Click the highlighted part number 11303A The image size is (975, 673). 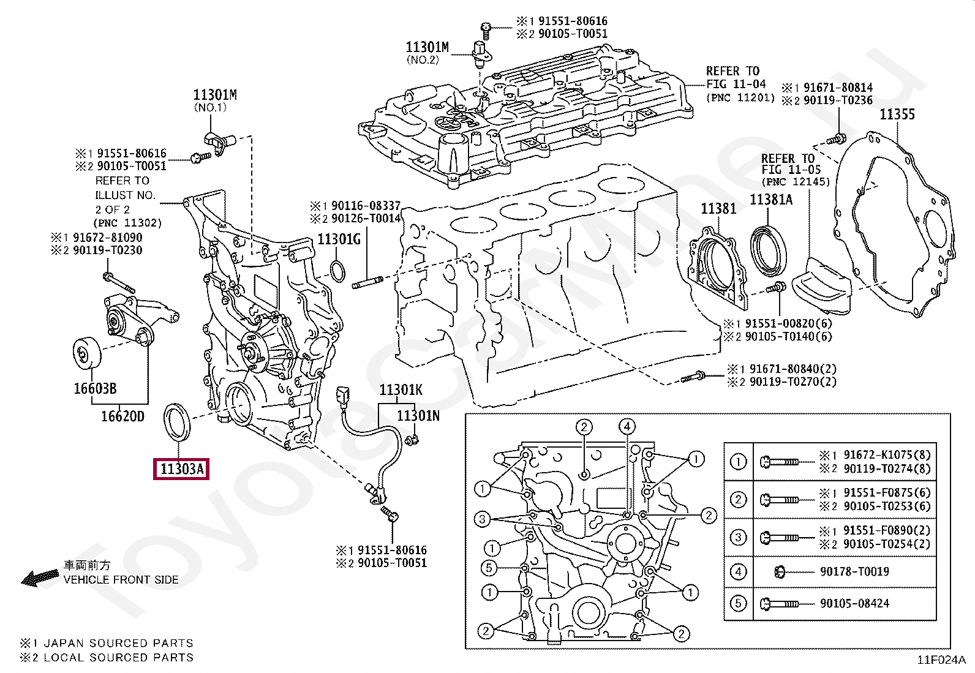(x=181, y=469)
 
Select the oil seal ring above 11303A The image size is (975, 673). (x=177, y=422)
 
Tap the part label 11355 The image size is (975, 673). (x=897, y=115)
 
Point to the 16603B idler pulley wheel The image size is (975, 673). (x=86, y=353)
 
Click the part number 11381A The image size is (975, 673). (x=771, y=200)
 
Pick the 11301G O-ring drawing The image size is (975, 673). (x=338, y=271)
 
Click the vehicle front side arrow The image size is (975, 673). (x=40, y=577)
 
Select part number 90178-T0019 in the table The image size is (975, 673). (x=854, y=571)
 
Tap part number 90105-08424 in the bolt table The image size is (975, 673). (x=854, y=603)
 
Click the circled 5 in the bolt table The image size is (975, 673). (x=738, y=603)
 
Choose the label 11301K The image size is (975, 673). (x=401, y=389)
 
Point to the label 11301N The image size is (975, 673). (x=418, y=416)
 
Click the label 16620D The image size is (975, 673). (x=122, y=416)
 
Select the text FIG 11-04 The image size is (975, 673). (x=736, y=83)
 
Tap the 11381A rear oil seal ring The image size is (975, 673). (x=768, y=250)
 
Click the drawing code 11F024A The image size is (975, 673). (x=941, y=660)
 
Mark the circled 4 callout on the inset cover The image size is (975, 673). (x=627, y=426)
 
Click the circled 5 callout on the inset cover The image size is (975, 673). (x=489, y=568)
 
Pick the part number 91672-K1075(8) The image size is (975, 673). (x=887, y=454)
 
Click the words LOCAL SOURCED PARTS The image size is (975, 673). (x=118, y=657)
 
